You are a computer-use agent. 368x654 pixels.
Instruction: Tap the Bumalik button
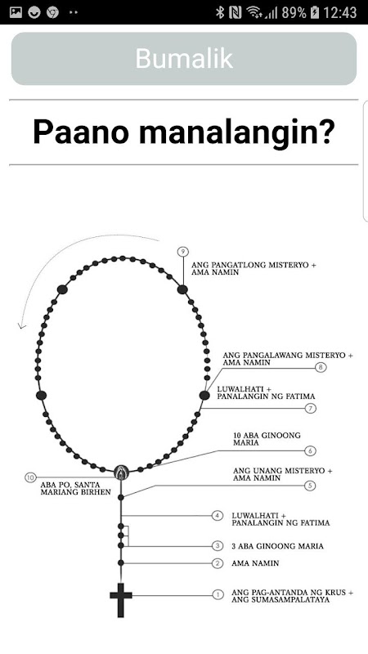pos(184,58)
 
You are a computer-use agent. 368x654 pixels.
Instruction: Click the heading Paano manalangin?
pos(184,132)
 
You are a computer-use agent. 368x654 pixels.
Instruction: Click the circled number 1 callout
pos(218,595)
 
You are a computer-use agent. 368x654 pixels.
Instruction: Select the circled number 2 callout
pos(218,563)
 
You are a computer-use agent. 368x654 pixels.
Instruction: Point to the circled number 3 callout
pos(218,545)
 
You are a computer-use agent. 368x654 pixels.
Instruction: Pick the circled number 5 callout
pos(310,486)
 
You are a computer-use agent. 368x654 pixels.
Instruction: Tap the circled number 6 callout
pos(310,450)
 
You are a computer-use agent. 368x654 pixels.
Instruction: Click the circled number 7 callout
pos(311,408)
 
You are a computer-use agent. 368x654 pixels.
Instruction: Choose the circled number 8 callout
pos(321,367)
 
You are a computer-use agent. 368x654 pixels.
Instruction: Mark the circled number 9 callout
pos(182,252)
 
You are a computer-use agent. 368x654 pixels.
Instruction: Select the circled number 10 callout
pos(30,477)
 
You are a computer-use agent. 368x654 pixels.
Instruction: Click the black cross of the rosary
pos(121,600)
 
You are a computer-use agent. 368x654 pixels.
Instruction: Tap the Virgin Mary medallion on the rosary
pos(121,473)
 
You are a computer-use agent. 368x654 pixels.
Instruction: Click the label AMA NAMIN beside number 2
pos(255,563)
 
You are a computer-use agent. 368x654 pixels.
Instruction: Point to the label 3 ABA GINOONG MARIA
pos(277,546)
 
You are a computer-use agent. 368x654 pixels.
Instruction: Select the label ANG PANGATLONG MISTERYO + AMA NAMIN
pos(254,269)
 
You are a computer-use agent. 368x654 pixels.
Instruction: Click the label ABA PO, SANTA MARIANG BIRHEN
pos(76,488)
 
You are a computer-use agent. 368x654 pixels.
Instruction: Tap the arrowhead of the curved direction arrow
pos(21,325)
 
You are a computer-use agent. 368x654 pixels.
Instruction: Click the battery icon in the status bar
pos(315,12)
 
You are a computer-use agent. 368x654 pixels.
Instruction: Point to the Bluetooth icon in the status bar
pos(219,12)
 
